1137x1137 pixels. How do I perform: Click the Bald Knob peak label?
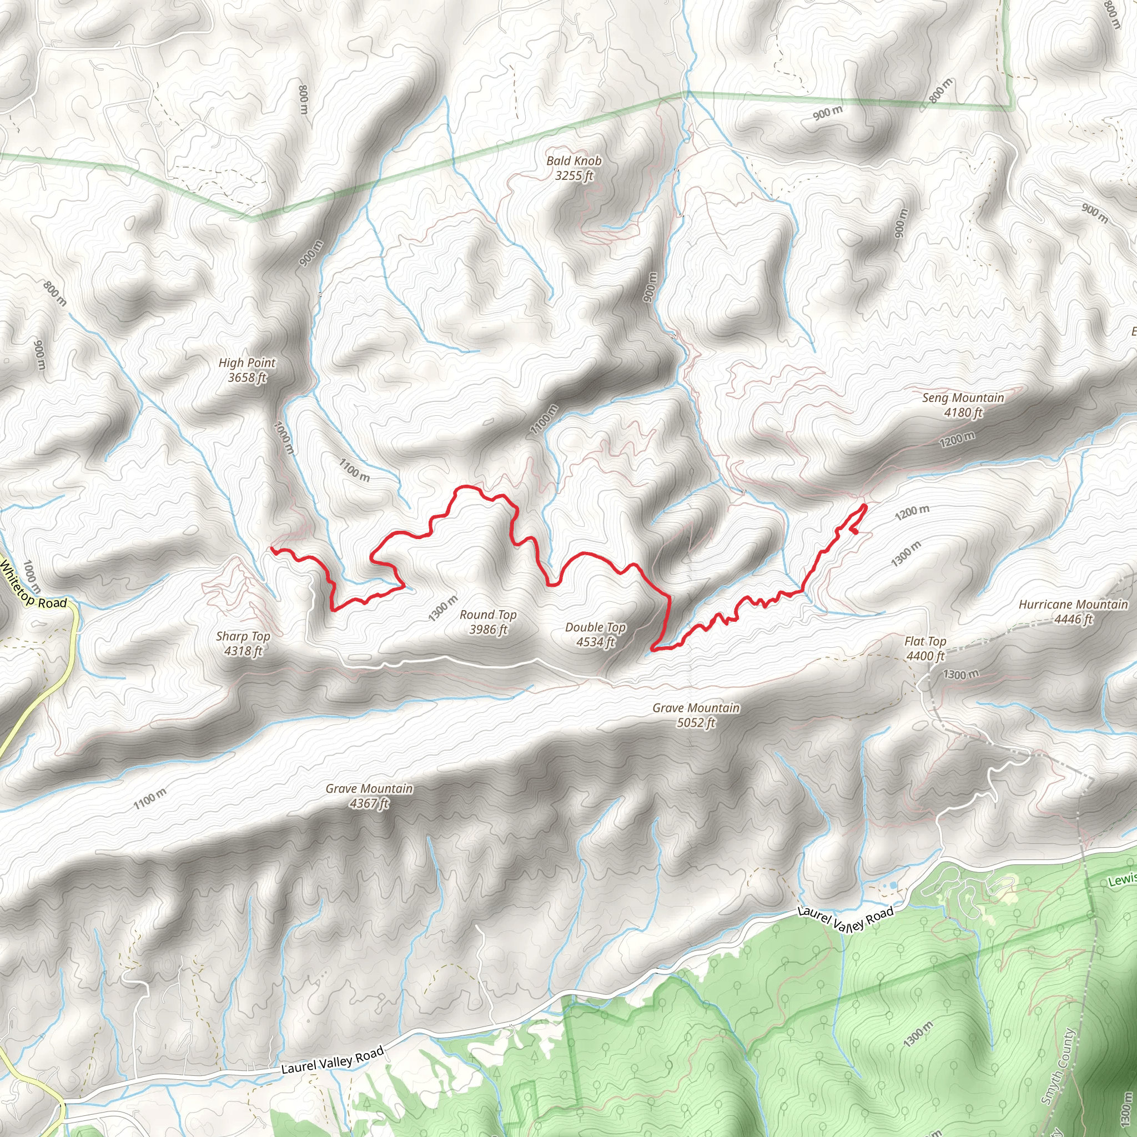click(574, 168)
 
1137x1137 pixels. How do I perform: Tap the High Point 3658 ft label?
click(247, 370)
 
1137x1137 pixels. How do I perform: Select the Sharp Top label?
click(243, 643)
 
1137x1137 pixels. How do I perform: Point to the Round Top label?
click(488, 622)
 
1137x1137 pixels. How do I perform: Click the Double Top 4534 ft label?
click(595, 635)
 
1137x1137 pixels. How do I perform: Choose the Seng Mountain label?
click(963, 405)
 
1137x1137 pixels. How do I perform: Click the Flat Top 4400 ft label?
click(925, 648)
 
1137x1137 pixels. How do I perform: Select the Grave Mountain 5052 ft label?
click(696, 715)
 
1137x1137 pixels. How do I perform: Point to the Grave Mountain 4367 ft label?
click(369, 796)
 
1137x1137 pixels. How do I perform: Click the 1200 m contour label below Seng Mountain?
click(957, 439)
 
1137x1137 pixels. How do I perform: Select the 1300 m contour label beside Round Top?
click(442, 608)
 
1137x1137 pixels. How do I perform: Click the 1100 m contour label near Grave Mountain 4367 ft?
click(149, 799)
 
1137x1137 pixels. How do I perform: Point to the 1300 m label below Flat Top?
click(961, 675)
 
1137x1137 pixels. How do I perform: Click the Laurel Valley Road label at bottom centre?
click(333, 1059)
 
